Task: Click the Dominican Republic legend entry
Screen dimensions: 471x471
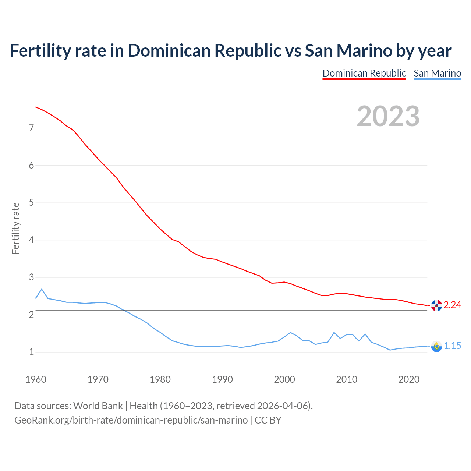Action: (364, 73)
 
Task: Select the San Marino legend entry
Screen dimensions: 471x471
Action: (437, 73)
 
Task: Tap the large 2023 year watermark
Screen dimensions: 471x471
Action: (388, 116)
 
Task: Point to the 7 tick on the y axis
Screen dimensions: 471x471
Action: (31, 128)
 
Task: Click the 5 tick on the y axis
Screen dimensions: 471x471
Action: (31, 203)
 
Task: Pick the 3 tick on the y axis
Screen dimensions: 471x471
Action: (31, 277)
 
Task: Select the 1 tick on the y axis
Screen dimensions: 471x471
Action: (31, 352)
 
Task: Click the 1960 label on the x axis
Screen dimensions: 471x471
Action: (36, 379)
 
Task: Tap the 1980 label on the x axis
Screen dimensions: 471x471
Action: (160, 379)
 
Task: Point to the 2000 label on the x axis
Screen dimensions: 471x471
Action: (284, 379)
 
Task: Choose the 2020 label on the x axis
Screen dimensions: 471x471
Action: (409, 379)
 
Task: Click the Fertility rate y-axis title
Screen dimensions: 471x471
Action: (15, 228)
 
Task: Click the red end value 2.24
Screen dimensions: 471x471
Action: (452, 305)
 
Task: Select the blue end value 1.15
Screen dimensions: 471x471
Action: (452, 346)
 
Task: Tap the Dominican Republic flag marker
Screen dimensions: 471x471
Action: (436, 305)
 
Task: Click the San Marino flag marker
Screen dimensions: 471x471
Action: (436, 346)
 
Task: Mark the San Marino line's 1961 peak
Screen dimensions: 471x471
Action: (42, 289)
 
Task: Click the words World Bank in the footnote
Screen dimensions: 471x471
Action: (98, 406)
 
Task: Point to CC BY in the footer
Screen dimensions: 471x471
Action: (268, 420)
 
